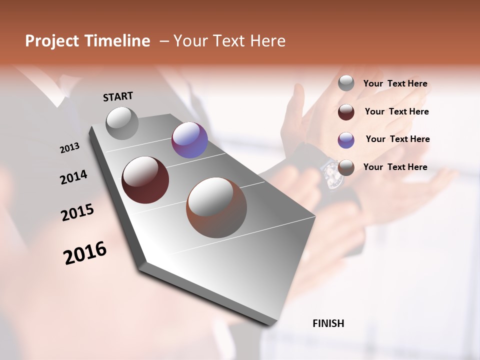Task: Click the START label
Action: (x=118, y=96)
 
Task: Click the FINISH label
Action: (x=328, y=323)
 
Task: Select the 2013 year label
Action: (x=69, y=148)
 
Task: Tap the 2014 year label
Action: (x=73, y=177)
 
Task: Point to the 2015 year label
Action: (x=77, y=212)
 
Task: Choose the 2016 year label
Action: (x=85, y=252)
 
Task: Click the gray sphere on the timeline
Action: (x=122, y=123)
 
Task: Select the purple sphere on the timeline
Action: (x=189, y=140)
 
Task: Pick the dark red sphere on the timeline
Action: (x=145, y=180)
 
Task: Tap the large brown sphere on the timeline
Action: (x=216, y=207)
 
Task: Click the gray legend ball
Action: (x=346, y=83)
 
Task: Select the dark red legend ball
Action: (x=346, y=112)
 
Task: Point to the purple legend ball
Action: (x=346, y=140)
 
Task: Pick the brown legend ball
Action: (x=346, y=167)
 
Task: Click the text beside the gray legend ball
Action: (x=395, y=84)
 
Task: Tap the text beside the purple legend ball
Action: (x=397, y=139)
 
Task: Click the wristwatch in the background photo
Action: (x=331, y=174)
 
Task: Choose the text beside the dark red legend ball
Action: (x=396, y=111)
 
